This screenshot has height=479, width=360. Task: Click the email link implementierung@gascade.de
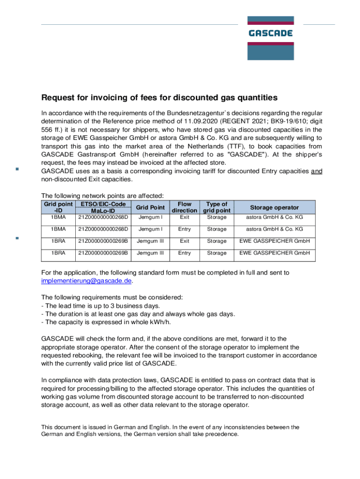pyautogui.click(x=86, y=281)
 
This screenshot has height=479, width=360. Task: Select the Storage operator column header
pyautogui.click(x=274, y=207)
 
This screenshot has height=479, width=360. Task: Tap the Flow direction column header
pyautogui.click(x=185, y=207)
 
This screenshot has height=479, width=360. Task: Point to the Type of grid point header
pyautogui.click(x=216, y=207)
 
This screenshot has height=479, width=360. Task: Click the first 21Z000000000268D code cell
pyautogui.click(x=103, y=217)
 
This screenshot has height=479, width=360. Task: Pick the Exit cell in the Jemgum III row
pyautogui.click(x=185, y=241)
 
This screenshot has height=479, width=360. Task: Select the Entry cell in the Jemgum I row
pyautogui.click(x=185, y=229)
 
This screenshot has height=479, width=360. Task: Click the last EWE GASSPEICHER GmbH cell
pyautogui.click(x=274, y=253)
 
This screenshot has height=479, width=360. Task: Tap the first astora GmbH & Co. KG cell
pyautogui.click(x=274, y=217)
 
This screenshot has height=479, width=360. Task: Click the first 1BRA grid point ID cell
pyautogui.click(x=58, y=241)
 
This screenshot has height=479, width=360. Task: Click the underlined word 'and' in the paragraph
pyautogui.click(x=317, y=171)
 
